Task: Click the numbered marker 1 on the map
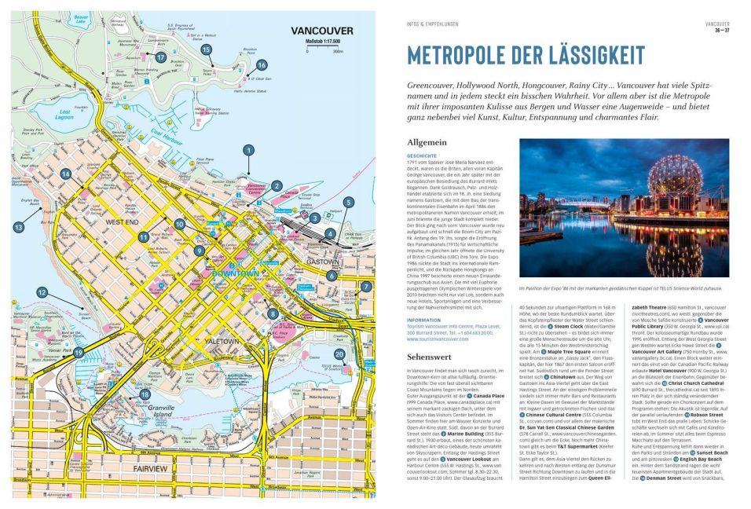click(x=248, y=149)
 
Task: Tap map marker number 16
click(x=262, y=65)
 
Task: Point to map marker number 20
click(x=339, y=354)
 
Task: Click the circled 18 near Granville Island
click(x=145, y=394)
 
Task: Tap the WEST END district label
click(x=122, y=222)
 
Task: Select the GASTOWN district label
click(x=322, y=262)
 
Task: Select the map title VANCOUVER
click(x=322, y=31)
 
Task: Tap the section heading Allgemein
click(x=427, y=142)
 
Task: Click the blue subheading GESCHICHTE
click(x=422, y=156)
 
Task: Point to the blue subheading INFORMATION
click(x=423, y=320)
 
